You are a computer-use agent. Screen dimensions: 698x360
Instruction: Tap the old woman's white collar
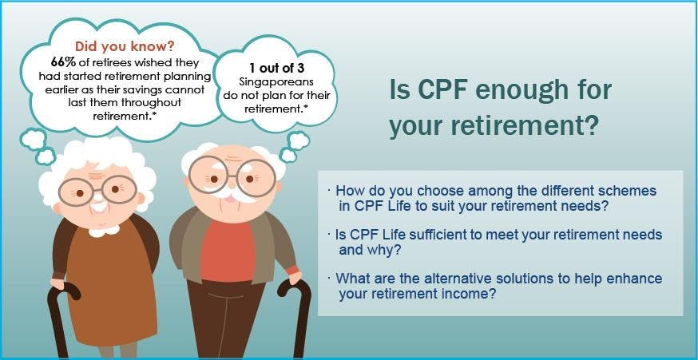[104, 231]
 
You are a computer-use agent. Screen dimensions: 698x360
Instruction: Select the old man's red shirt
[227, 251]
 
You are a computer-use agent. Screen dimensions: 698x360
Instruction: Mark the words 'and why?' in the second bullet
[370, 250]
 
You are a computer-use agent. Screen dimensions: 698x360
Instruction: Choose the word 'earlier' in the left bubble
[61, 89]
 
